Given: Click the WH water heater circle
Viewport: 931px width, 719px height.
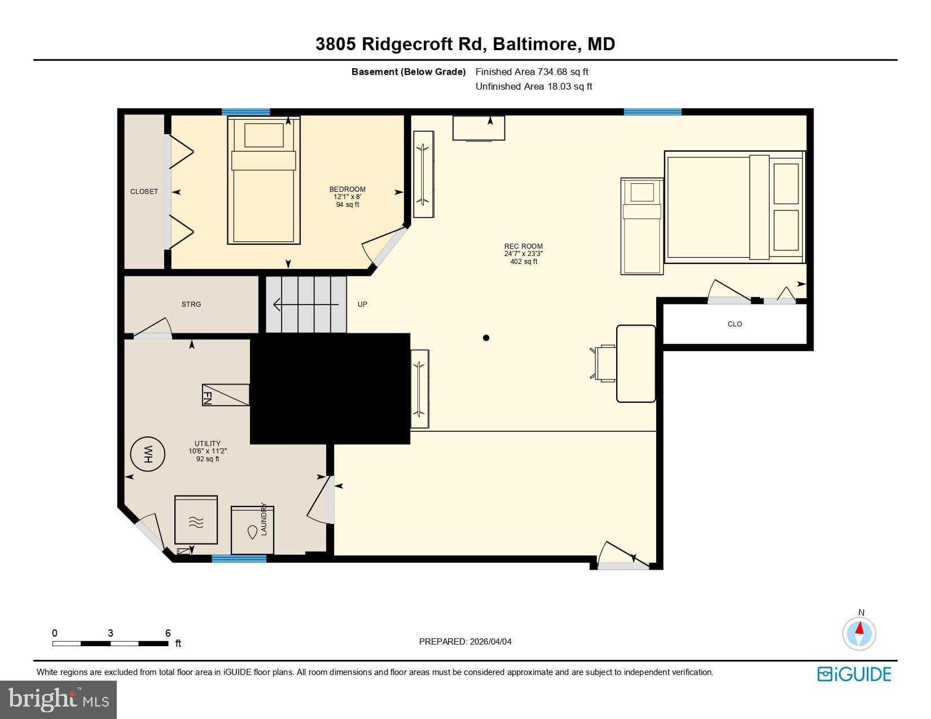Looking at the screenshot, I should click(x=148, y=454).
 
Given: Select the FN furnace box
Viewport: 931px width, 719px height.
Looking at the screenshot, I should click(x=226, y=395).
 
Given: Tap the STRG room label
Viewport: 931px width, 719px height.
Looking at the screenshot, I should click(x=191, y=305).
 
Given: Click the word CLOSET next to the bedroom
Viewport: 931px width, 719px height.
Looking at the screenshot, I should click(x=144, y=192).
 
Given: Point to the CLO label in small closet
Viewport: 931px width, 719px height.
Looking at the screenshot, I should click(x=735, y=324).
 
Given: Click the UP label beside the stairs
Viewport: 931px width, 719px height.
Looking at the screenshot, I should click(x=362, y=305).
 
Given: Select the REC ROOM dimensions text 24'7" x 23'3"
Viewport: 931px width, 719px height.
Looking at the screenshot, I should click(x=524, y=254).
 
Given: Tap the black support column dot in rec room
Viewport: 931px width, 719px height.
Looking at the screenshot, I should click(x=486, y=338).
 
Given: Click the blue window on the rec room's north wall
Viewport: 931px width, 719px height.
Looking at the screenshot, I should click(x=652, y=112).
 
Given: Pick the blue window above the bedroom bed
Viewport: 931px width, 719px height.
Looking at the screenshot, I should click(x=245, y=112).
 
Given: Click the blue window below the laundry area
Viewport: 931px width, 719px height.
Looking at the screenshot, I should click(x=239, y=558).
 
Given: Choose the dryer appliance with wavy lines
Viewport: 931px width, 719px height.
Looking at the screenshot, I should click(x=196, y=520).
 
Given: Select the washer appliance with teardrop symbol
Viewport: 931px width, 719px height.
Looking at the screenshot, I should click(x=252, y=530).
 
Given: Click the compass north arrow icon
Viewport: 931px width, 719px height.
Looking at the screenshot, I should click(x=859, y=633).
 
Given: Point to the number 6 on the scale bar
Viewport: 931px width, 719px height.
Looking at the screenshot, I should click(x=168, y=633).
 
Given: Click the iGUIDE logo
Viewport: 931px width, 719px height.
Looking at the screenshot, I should click(x=854, y=674).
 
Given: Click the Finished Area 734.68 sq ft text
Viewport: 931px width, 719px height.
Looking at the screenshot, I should click(x=532, y=72).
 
